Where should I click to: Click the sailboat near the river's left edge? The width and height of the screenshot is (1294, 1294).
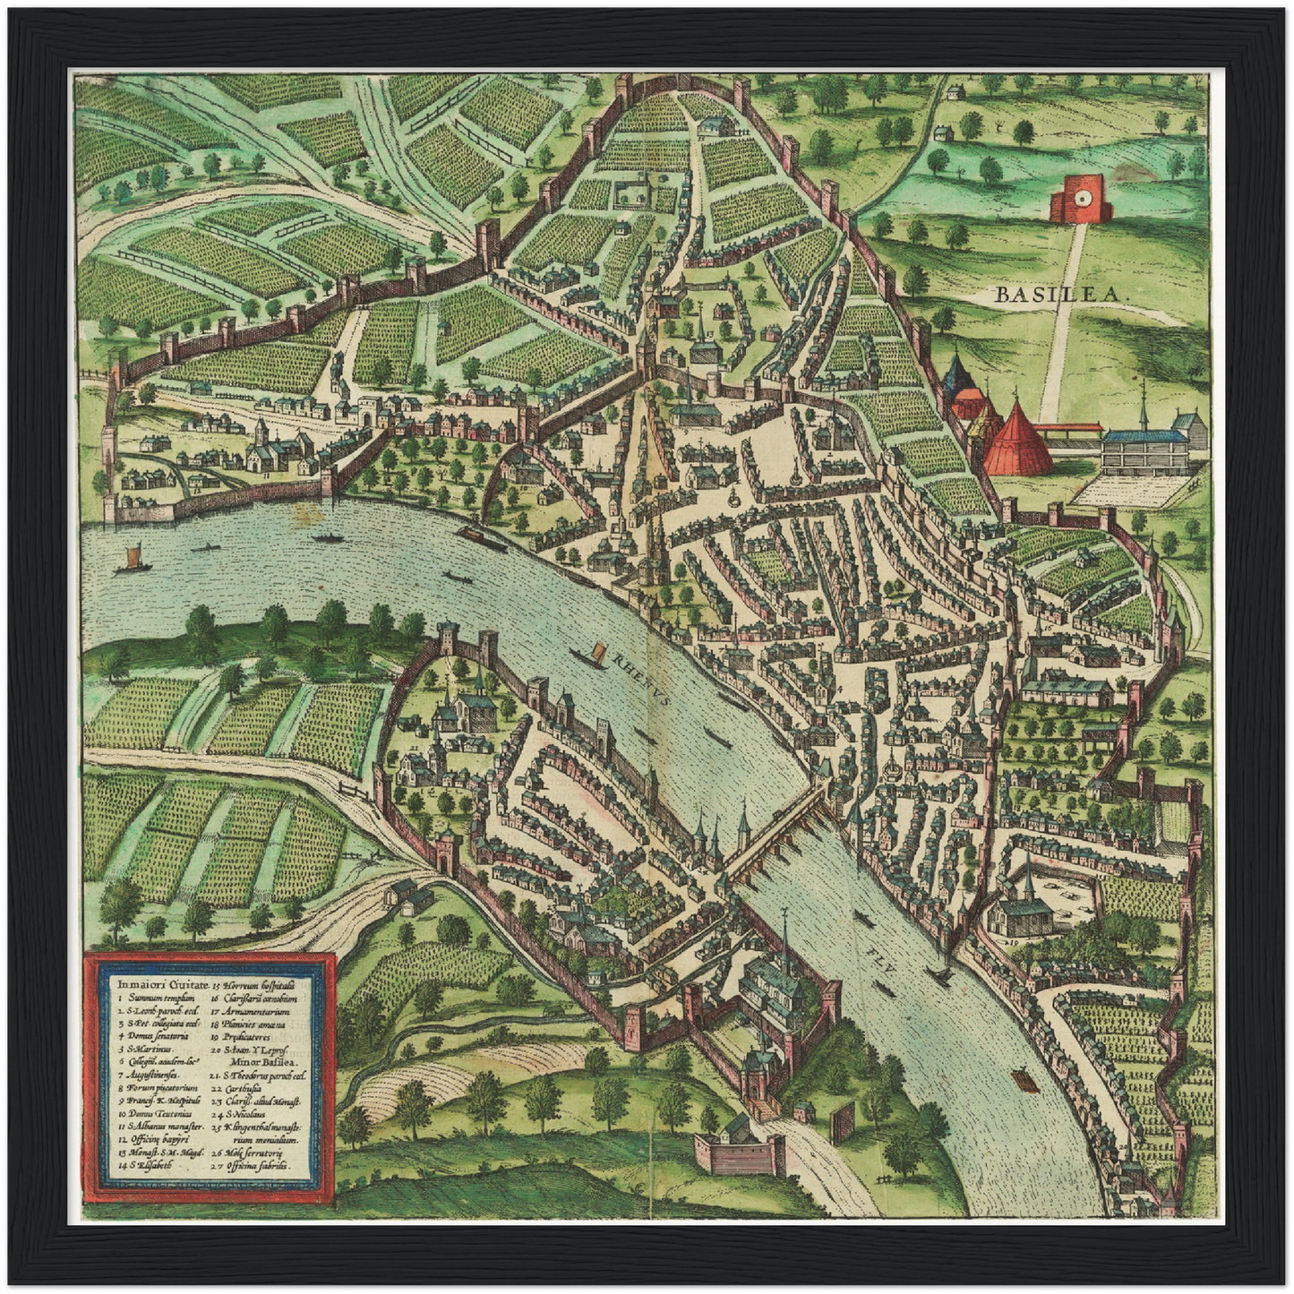point(131,559)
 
